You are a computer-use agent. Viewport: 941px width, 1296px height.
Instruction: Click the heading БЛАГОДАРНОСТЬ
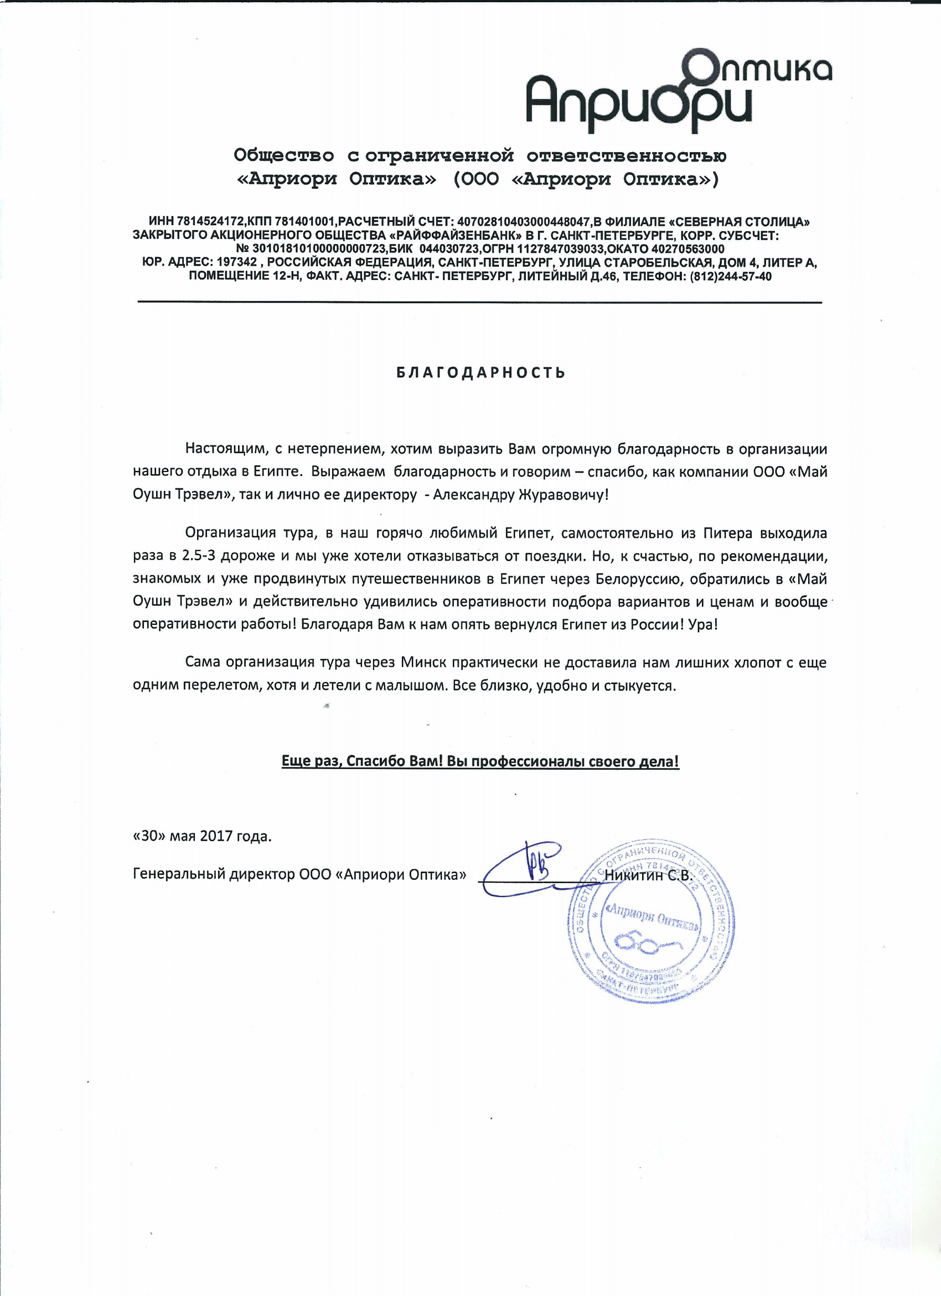(x=481, y=373)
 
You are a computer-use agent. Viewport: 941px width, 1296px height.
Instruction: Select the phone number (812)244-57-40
(x=731, y=277)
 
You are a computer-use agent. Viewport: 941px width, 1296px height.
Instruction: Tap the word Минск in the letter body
(x=423, y=662)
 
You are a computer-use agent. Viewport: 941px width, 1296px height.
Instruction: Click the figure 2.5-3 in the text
(x=198, y=556)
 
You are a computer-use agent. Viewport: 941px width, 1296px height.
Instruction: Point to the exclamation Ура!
(x=702, y=624)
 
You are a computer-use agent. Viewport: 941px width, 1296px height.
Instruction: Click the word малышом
(x=409, y=685)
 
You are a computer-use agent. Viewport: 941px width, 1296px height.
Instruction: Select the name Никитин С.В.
(x=648, y=875)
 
